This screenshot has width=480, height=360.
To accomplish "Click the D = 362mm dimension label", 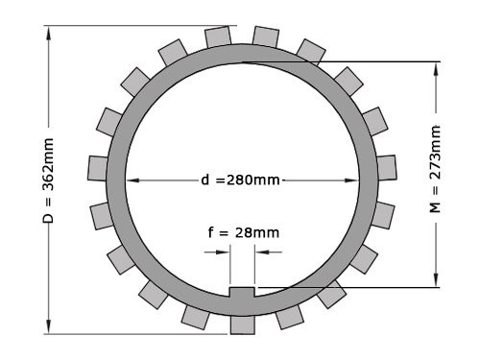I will pos(48,180).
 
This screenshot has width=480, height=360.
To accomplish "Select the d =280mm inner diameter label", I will pos(241,180).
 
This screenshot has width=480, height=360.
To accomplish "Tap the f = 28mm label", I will pos(244,231).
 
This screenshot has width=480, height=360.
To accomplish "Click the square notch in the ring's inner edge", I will pos(242,292).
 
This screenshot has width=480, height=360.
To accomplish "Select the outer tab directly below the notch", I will pos(242,322).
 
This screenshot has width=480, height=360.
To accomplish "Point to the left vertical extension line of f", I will pos(230,264).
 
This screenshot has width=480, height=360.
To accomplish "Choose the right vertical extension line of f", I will pos(254,264).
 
